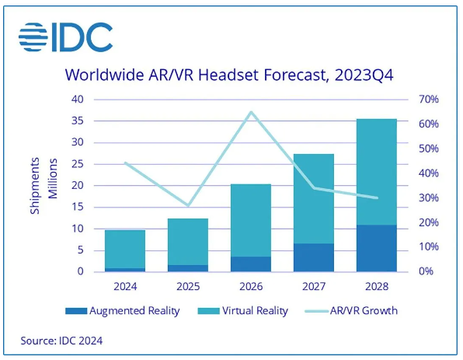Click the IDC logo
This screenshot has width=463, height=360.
(x=65, y=37)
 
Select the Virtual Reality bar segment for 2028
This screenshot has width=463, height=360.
(x=376, y=172)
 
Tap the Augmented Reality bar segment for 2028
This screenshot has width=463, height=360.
(x=376, y=248)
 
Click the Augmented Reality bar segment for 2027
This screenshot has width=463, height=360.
(x=313, y=257)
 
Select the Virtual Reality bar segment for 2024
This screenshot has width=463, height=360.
(x=125, y=249)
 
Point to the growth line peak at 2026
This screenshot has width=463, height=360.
(x=250, y=112)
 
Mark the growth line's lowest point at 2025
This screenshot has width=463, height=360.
(x=188, y=205)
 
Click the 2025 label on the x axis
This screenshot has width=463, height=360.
(x=188, y=285)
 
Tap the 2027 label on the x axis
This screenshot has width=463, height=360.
(x=313, y=285)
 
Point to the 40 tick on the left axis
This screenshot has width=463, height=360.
(x=78, y=100)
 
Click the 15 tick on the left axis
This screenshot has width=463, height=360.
(x=78, y=207)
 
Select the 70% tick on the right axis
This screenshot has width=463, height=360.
(x=430, y=100)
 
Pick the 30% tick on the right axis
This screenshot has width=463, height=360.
(x=430, y=197)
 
